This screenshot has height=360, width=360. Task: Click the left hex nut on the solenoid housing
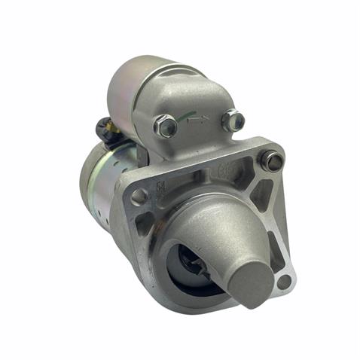click(x=166, y=125)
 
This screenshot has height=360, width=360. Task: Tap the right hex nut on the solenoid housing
click(x=233, y=120)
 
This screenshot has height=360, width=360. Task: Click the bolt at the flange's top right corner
click(x=272, y=160)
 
